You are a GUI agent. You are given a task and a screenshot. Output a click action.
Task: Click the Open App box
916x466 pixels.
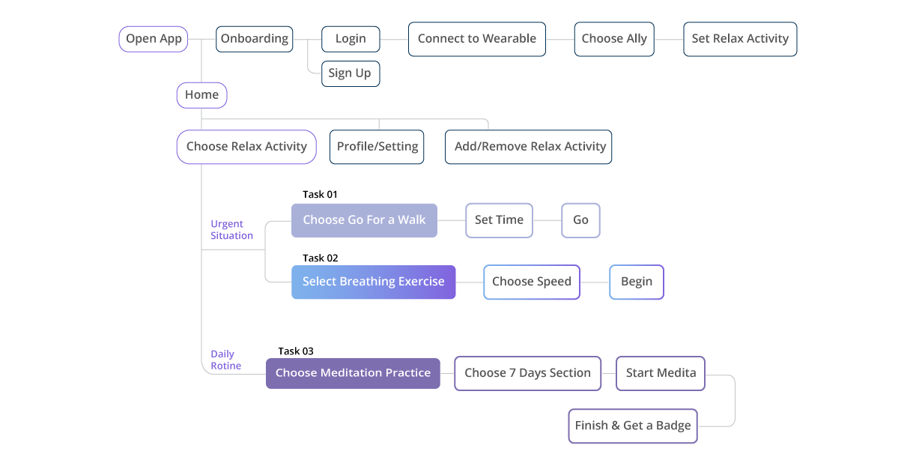point(154,39)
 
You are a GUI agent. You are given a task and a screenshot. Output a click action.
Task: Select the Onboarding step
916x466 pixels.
point(255,39)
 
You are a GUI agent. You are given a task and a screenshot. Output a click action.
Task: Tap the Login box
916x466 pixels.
point(351,39)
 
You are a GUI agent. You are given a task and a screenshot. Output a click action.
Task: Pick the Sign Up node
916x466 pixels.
point(351,73)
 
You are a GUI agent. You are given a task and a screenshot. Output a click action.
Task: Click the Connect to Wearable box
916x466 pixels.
point(477,39)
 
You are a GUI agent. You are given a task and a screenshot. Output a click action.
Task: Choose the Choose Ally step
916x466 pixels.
point(614,39)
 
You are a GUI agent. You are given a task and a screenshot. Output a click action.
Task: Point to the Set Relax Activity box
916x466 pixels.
point(740,39)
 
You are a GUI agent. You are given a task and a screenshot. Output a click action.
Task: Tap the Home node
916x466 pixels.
point(201,95)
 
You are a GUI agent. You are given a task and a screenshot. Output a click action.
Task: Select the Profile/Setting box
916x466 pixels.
point(377,147)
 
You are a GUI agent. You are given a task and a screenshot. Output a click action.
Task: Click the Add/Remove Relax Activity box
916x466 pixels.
point(528,147)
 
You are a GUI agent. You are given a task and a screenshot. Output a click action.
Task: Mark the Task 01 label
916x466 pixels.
point(320,194)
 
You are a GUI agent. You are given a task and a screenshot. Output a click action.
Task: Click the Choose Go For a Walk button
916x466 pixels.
point(364,220)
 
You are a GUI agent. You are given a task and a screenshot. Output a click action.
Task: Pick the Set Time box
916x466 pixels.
point(499,220)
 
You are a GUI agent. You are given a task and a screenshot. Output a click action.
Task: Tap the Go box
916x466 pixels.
point(580,220)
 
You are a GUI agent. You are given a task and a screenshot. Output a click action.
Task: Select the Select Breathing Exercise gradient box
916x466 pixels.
point(373,282)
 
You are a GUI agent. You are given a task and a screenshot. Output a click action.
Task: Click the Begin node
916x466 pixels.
point(637,282)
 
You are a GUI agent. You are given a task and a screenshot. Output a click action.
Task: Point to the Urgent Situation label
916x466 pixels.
point(231,229)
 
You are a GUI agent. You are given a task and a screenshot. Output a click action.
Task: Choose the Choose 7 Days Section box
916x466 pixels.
point(527,374)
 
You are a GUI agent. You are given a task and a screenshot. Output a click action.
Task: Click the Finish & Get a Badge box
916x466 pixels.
point(633,426)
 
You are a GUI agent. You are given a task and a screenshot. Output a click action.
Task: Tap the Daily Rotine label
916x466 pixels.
point(225,360)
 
